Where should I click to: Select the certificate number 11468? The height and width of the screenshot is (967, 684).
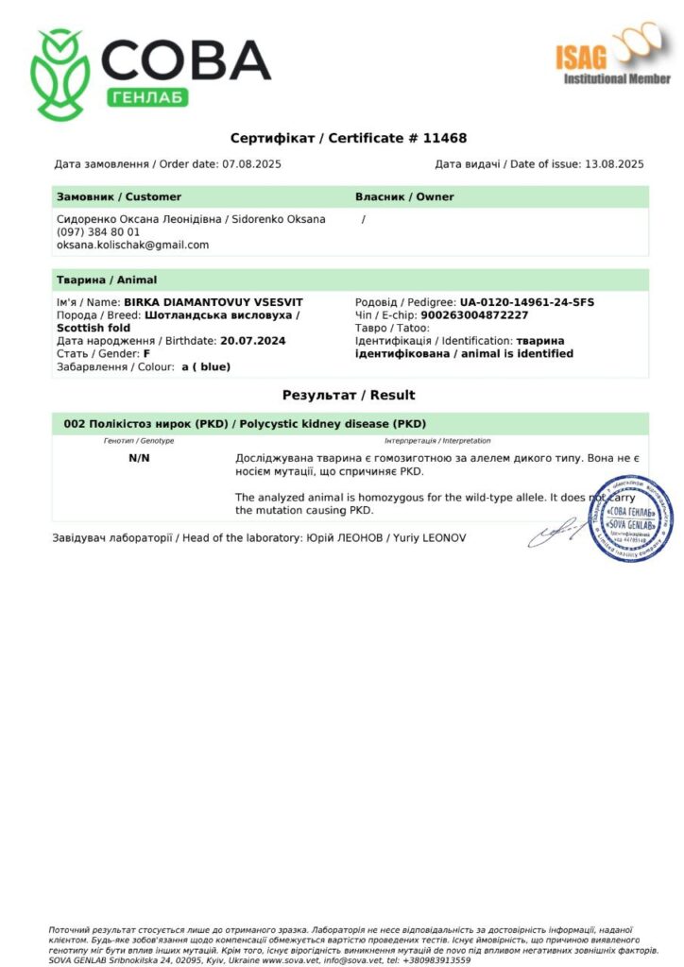pyautogui.click(x=443, y=138)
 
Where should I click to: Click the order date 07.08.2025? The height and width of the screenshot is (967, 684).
pyautogui.click(x=251, y=164)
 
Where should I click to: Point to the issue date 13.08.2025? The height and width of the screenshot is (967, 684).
pyautogui.click(x=614, y=164)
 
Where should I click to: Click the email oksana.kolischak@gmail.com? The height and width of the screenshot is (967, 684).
pyautogui.click(x=132, y=245)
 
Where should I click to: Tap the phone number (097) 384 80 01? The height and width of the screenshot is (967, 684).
pyautogui.click(x=98, y=231)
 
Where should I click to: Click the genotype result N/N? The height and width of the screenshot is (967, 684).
pyautogui.click(x=139, y=458)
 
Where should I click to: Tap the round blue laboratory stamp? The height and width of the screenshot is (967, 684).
pyautogui.click(x=630, y=517)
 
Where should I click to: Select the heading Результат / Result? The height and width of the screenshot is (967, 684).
pyautogui.click(x=349, y=395)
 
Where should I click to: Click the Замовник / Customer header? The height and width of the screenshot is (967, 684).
pyautogui.click(x=119, y=196)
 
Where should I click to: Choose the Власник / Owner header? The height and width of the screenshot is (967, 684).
pyautogui.click(x=404, y=196)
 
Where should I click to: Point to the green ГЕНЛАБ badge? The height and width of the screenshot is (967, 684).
pyautogui.click(x=150, y=97)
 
